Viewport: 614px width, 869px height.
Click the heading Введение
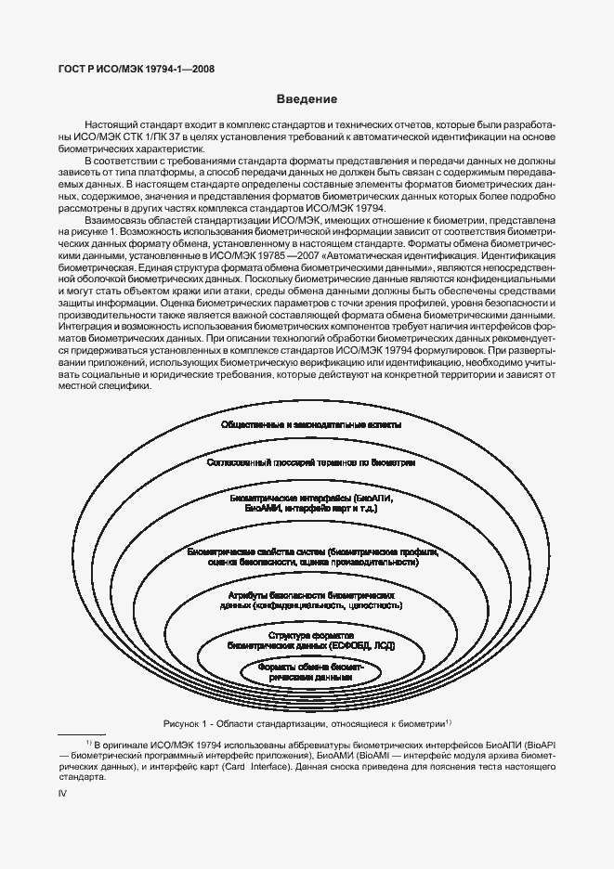[x=306, y=98]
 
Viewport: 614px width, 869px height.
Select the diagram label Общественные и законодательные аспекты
[x=311, y=425]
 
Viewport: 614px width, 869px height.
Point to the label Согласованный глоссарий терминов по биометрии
[x=311, y=460]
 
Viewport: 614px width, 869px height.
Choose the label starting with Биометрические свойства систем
[x=311, y=557]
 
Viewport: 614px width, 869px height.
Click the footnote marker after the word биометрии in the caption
[x=448, y=720]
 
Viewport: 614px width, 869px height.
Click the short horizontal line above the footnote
[x=81, y=735]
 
